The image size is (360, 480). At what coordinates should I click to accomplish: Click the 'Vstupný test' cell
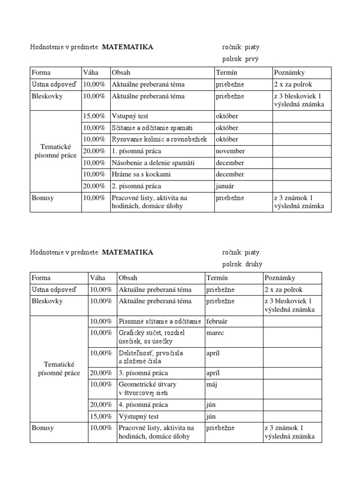(130, 116)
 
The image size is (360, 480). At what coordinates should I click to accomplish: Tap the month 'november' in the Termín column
(230, 151)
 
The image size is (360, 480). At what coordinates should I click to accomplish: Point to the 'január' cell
(225, 186)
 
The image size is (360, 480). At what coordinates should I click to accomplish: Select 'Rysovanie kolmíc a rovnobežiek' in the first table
(162, 139)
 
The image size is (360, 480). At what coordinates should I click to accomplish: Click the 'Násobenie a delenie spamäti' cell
(153, 163)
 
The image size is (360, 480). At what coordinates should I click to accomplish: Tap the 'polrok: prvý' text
(240, 59)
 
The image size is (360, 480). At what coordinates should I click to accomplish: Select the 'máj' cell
(212, 384)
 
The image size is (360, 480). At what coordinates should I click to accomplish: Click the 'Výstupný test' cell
(139, 416)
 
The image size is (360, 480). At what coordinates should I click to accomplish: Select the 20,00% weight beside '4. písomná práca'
(101, 405)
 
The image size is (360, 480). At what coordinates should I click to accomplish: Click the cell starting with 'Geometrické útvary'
(148, 388)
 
